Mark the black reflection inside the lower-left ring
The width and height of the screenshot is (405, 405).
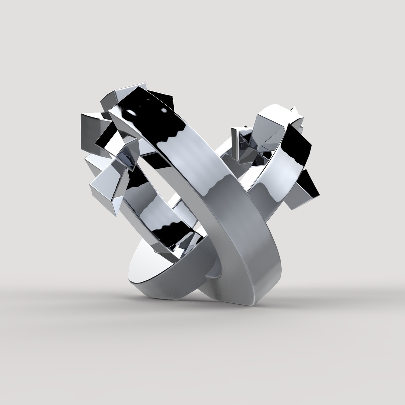(169, 233)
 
